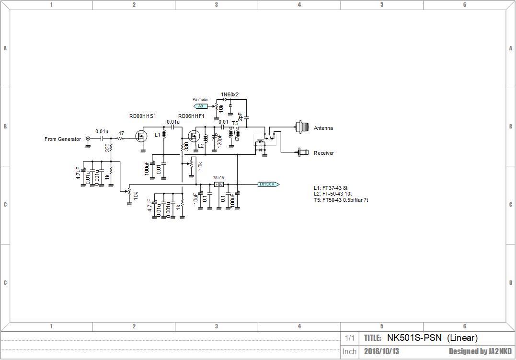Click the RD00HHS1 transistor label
pos(143,116)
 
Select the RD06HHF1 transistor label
pos(191,116)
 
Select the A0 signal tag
pos(201,106)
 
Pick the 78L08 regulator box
pos(219,184)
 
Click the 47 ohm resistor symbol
pos(121,139)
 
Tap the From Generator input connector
pos(88,139)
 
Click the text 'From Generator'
pos(63,139)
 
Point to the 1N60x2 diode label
pos(229,94)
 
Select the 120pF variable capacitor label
pos(220,140)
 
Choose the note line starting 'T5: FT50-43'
pos(341,200)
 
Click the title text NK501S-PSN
pos(414,338)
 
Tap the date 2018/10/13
pos(381,351)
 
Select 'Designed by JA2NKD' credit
pos(480,351)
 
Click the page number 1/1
pos(350,338)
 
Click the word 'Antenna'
pos(323,128)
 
